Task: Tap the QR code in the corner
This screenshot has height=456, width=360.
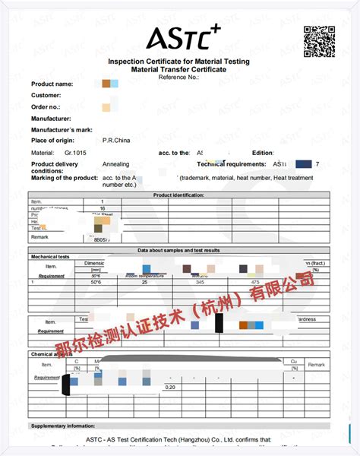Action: coord(319,41)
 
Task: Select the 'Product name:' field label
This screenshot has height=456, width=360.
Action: coord(52,84)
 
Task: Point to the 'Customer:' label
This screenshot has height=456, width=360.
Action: coord(46,96)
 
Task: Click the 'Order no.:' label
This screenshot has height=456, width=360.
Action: coord(46,107)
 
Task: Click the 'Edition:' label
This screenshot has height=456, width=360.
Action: coord(262,153)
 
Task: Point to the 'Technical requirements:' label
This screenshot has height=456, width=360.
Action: coord(232,164)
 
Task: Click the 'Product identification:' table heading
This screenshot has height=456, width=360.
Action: coord(178,195)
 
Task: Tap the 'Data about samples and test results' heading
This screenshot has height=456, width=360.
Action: coord(178,250)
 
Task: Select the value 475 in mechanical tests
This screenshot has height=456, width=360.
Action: coord(254,282)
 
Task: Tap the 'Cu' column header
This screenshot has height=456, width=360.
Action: coord(293,361)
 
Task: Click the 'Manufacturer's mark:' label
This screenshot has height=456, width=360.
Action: coord(62,129)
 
